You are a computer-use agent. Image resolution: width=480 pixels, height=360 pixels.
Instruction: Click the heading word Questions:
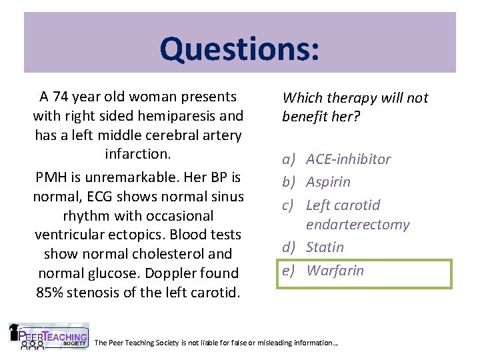pos(239,48)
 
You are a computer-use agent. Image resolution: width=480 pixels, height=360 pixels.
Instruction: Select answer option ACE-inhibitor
pos(348,159)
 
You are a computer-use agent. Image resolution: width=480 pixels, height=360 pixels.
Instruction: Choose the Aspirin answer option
pos(328,182)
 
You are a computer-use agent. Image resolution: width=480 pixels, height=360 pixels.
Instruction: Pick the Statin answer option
pos(325,247)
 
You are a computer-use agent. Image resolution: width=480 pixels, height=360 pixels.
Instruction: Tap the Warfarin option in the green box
pos(335,271)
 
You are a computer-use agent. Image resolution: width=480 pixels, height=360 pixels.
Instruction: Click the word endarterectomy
pos(357,225)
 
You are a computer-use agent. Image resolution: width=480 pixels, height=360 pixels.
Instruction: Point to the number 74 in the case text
pos(67,97)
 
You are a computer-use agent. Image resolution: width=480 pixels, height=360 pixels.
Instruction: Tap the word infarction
pos(138,154)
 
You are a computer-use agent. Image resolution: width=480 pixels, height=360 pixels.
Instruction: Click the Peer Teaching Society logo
pos(48,337)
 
